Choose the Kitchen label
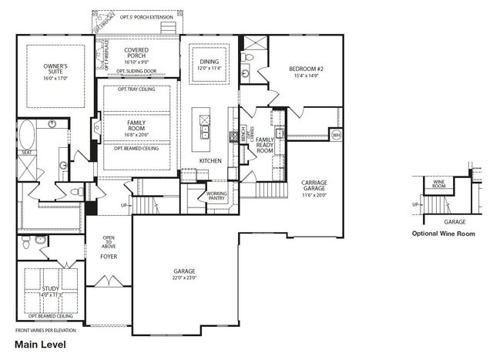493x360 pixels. click(x=210, y=160)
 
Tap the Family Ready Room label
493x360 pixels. click(x=264, y=145)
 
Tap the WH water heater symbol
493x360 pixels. click(x=336, y=135)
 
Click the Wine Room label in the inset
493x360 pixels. click(x=438, y=184)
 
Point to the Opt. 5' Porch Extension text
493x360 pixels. click(x=136, y=15)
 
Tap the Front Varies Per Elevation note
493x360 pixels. click(x=45, y=330)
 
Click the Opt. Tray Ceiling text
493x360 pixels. click(x=136, y=89)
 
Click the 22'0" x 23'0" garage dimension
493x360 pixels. click(x=184, y=278)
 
